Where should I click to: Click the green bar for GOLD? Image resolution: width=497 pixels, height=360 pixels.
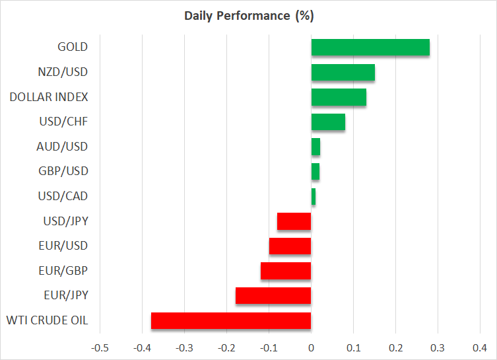tap(370, 48)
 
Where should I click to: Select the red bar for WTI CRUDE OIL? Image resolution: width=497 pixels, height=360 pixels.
tap(231, 321)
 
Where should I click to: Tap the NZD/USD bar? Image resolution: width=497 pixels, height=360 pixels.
tap(343, 72)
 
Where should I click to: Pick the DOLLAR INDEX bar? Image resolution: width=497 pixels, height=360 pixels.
tap(339, 97)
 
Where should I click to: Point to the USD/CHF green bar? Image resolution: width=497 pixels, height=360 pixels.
tap(328, 122)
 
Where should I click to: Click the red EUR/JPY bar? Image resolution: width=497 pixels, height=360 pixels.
tap(273, 296)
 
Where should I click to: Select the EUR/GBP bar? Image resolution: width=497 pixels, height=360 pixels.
tap(286, 271)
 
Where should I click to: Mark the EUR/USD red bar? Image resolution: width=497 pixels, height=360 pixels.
tap(290, 246)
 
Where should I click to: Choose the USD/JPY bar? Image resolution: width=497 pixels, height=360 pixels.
tap(294, 221)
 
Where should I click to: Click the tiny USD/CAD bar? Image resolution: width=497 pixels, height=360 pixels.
tap(314, 196)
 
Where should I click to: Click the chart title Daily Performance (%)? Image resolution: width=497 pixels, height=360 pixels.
tap(249, 15)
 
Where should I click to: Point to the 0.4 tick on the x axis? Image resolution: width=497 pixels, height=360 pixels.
tap(480, 347)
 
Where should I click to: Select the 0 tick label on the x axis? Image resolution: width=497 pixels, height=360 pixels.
tap(311, 347)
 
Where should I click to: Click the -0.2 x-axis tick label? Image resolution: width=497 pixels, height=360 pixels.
tap(226, 347)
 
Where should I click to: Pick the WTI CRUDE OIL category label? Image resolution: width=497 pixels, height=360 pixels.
tap(47, 321)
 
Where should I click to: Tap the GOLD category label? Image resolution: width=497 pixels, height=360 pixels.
tap(73, 48)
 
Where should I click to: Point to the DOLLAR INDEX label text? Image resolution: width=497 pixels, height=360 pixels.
tap(49, 97)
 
